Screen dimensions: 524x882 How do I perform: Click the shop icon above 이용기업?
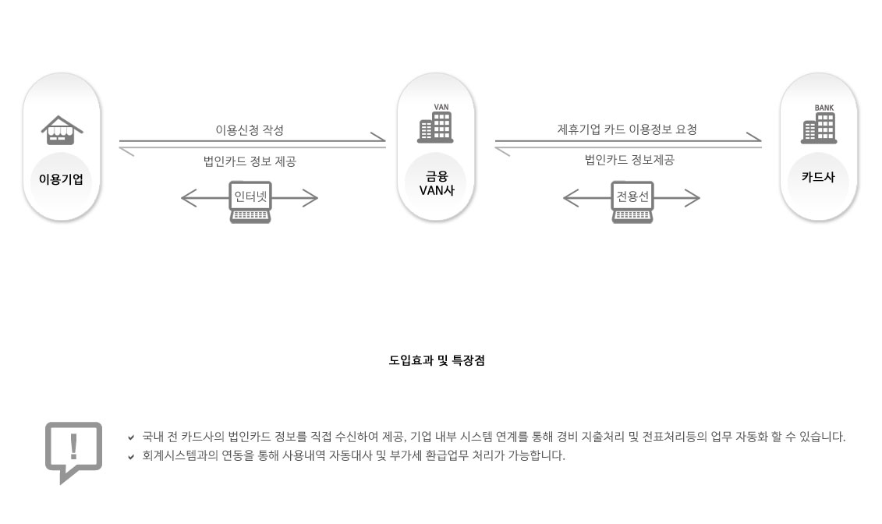click(x=62, y=130)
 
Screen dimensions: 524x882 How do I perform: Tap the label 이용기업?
click(x=61, y=179)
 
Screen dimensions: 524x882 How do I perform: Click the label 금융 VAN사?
click(x=436, y=183)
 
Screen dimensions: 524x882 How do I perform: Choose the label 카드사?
click(x=818, y=177)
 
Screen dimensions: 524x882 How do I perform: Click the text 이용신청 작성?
click(x=250, y=130)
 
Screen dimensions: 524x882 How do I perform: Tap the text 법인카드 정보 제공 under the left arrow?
click(x=250, y=161)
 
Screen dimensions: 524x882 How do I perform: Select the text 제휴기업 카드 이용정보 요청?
click(x=627, y=129)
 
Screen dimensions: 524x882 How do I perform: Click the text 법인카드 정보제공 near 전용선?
click(x=629, y=161)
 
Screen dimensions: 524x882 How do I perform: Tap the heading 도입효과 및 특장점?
click(x=437, y=360)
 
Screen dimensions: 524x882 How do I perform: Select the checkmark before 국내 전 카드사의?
click(x=131, y=437)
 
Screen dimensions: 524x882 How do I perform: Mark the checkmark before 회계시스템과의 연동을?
click(x=131, y=457)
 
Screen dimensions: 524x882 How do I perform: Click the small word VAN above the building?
click(x=441, y=107)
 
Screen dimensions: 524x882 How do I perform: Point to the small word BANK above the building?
click(x=824, y=108)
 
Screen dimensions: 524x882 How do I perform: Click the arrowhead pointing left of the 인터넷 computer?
click(x=188, y=198)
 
